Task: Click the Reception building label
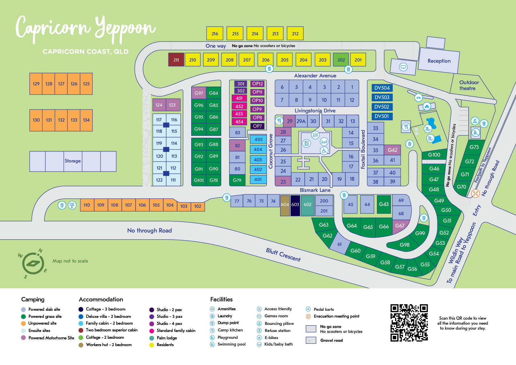[439, 61]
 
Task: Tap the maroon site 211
[176, 60]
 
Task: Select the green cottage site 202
[341, 60]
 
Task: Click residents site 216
[215, 34]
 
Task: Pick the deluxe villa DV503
[382, 97]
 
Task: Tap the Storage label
[72, 161]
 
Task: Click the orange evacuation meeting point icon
[475, 193]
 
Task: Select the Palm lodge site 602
[307, 205]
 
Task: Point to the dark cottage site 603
[295, 205]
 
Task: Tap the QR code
[409, 323]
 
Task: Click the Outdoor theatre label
[469, 85]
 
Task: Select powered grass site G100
[434, 155]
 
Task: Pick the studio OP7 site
[257, 126]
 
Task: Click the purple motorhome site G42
[392, 150]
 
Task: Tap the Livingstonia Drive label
[315, 111]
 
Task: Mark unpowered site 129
[36, 84]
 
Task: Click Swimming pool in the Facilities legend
[231, 344]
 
